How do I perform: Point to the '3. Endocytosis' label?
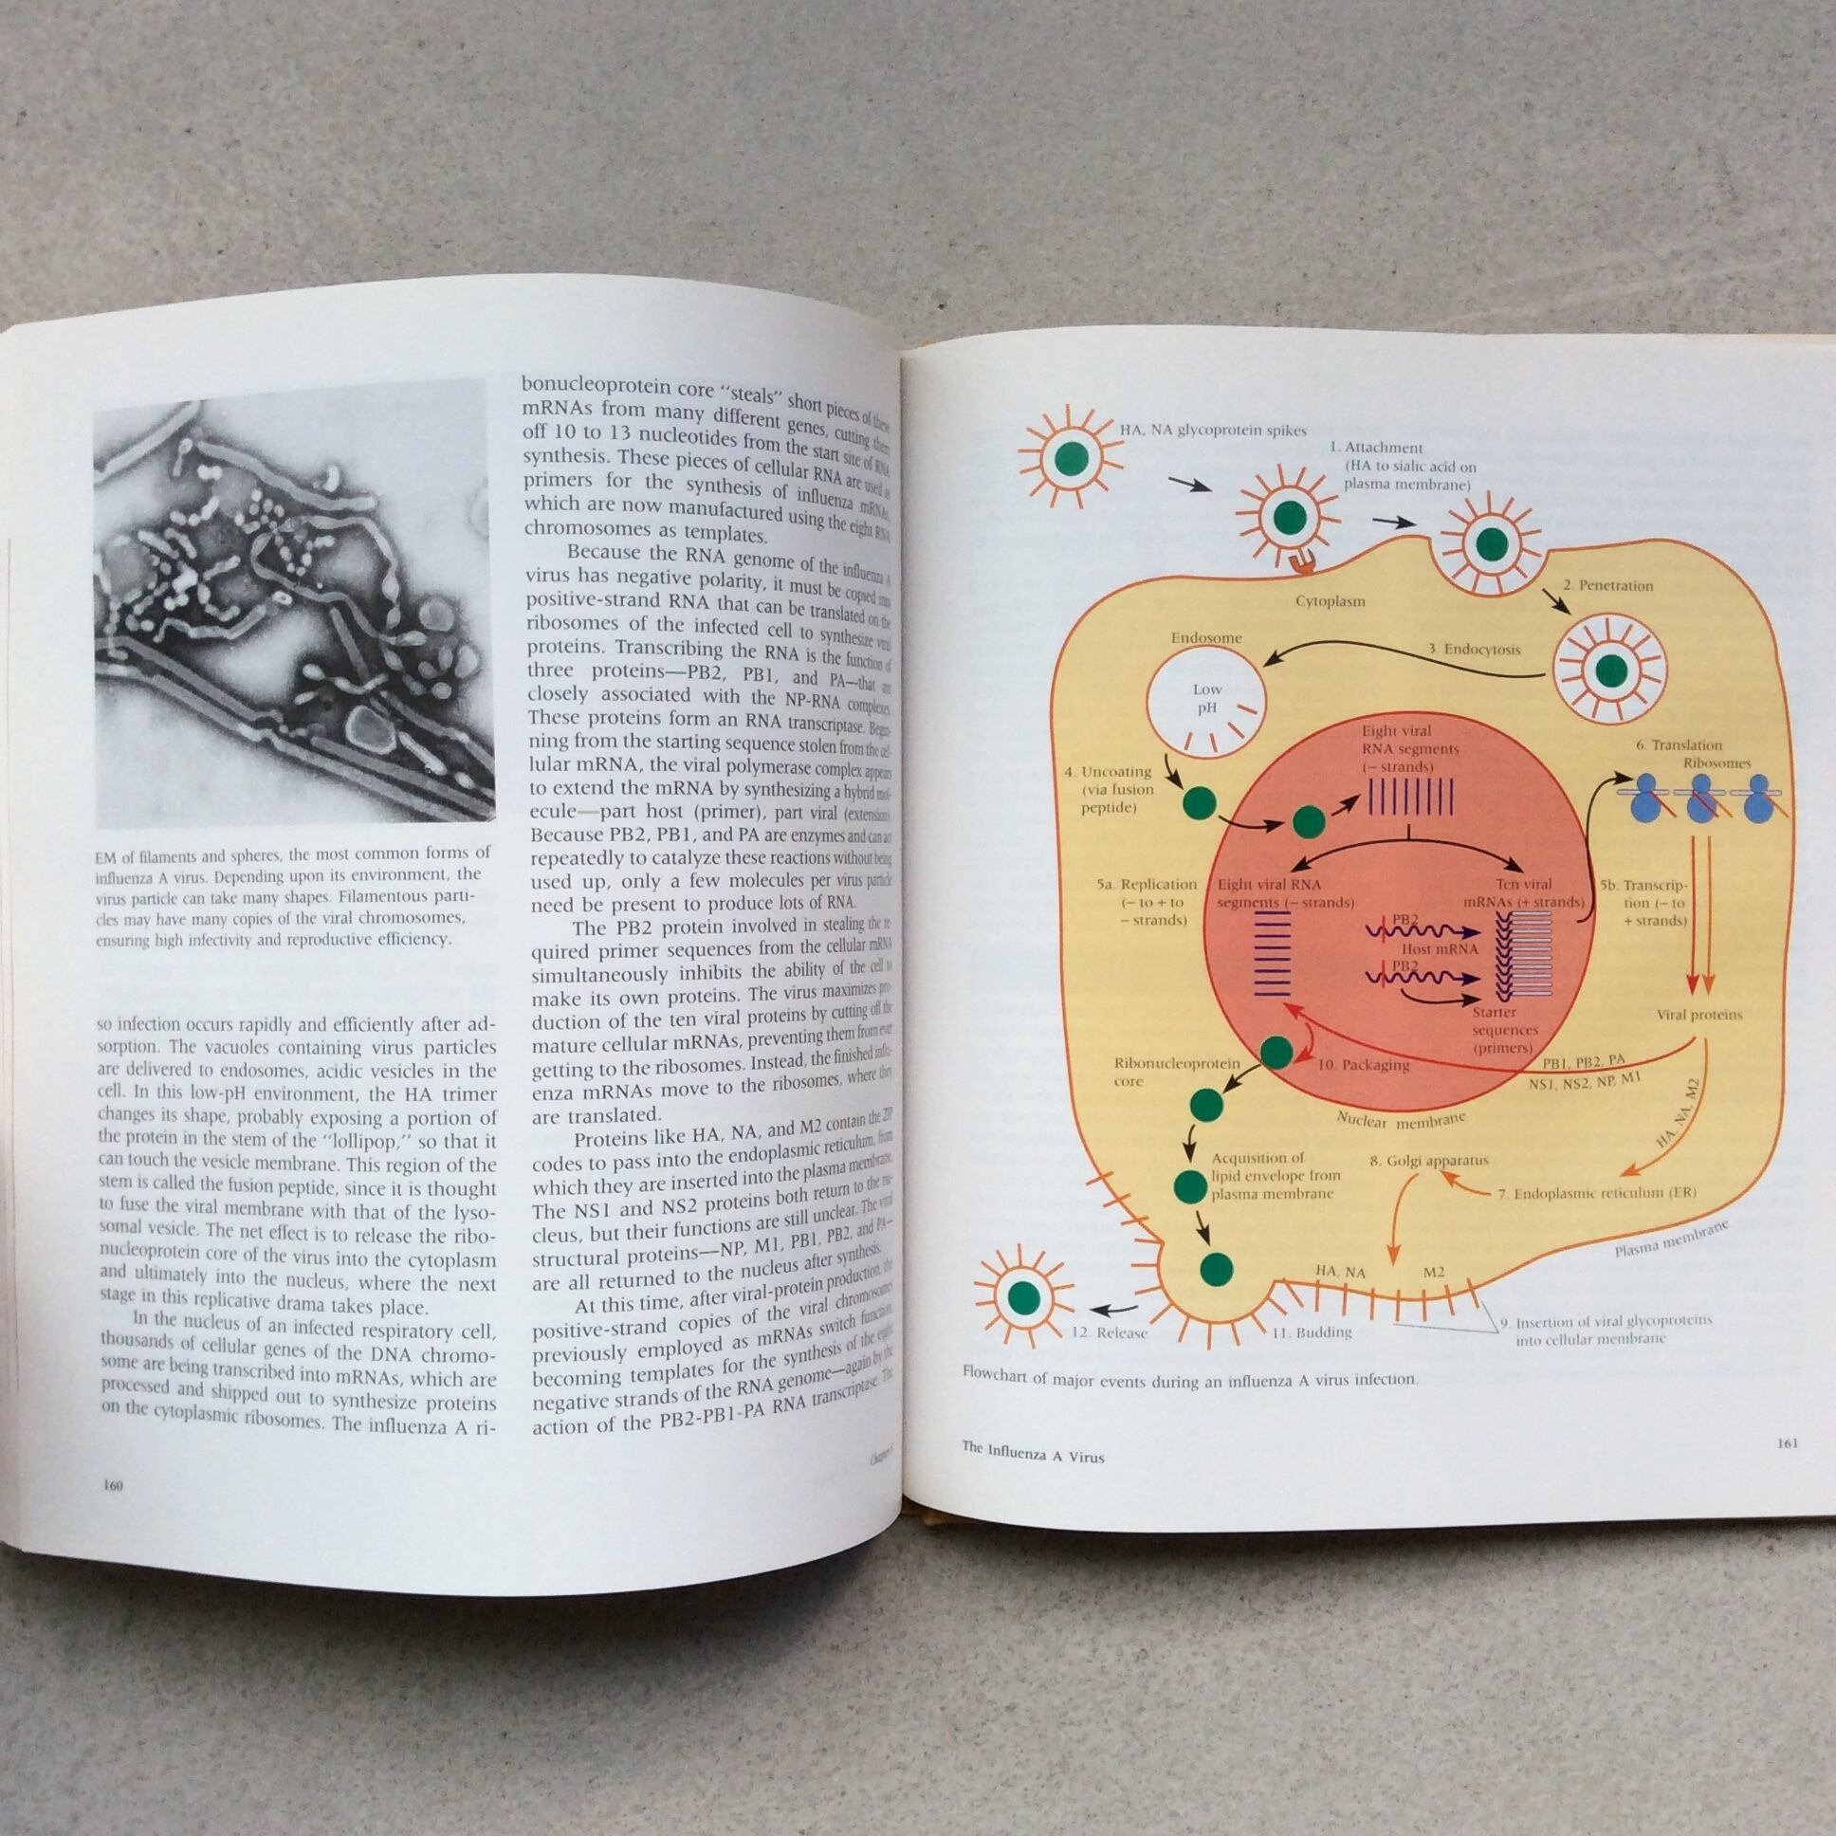coord(1473,650)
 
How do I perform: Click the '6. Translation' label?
coord(1679,745)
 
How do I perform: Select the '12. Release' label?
coord(1109,1332)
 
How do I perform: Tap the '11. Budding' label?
coord(1313,1331)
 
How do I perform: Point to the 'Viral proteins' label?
coord(1699,1014)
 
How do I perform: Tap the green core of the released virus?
coord(1022,1294)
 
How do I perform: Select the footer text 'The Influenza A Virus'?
coord(1033,1454)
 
